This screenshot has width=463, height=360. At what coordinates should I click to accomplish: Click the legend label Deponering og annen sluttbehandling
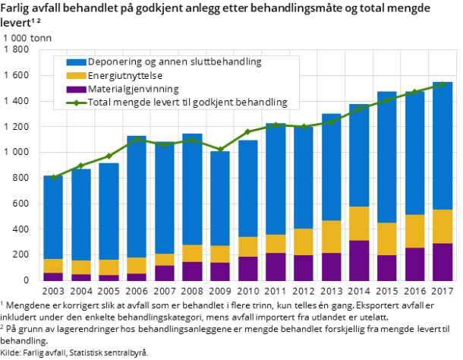point(175,62)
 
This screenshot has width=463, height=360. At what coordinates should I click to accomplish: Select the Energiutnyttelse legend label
point(125,75)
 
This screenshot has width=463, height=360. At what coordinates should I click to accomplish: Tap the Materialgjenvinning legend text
point(134,89)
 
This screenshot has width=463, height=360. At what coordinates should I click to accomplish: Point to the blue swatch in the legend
point(76,62)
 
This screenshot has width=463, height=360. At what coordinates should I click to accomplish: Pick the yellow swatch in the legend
point(76,75)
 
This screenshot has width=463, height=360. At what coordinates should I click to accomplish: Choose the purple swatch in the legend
point(76,89)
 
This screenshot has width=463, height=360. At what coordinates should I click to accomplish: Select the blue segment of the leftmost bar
point(53,217)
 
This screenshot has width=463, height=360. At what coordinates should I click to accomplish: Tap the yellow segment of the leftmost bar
point(53,266)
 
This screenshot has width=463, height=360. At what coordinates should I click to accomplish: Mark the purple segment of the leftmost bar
point(53,276)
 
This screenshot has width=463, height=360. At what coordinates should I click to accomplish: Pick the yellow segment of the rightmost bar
point(443,226)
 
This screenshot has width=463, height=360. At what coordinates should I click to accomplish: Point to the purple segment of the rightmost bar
point(443,262)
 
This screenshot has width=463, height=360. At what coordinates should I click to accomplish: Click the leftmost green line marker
point(53,178)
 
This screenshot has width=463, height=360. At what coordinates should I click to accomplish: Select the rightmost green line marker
point(443,84)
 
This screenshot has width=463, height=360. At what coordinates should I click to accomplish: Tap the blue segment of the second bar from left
point(81,214)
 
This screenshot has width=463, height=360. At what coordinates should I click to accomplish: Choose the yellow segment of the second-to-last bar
point(414,231)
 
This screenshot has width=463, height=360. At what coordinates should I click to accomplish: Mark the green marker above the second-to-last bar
point(414,91)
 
